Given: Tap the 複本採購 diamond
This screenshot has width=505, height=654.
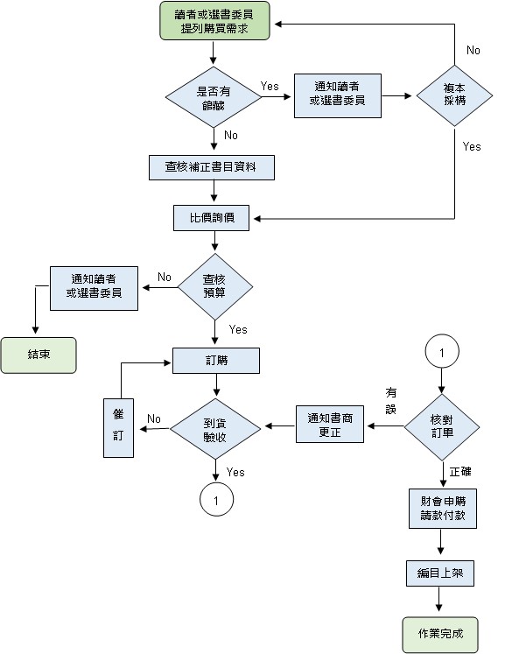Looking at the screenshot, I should point(453,95).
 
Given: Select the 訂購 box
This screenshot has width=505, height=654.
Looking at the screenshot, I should point(215,360).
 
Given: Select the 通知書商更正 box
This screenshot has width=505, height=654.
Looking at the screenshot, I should point(330,425).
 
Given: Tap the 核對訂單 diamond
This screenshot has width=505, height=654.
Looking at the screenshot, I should point(441,426).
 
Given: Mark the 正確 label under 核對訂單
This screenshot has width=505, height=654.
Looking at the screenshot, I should point(460,471).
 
